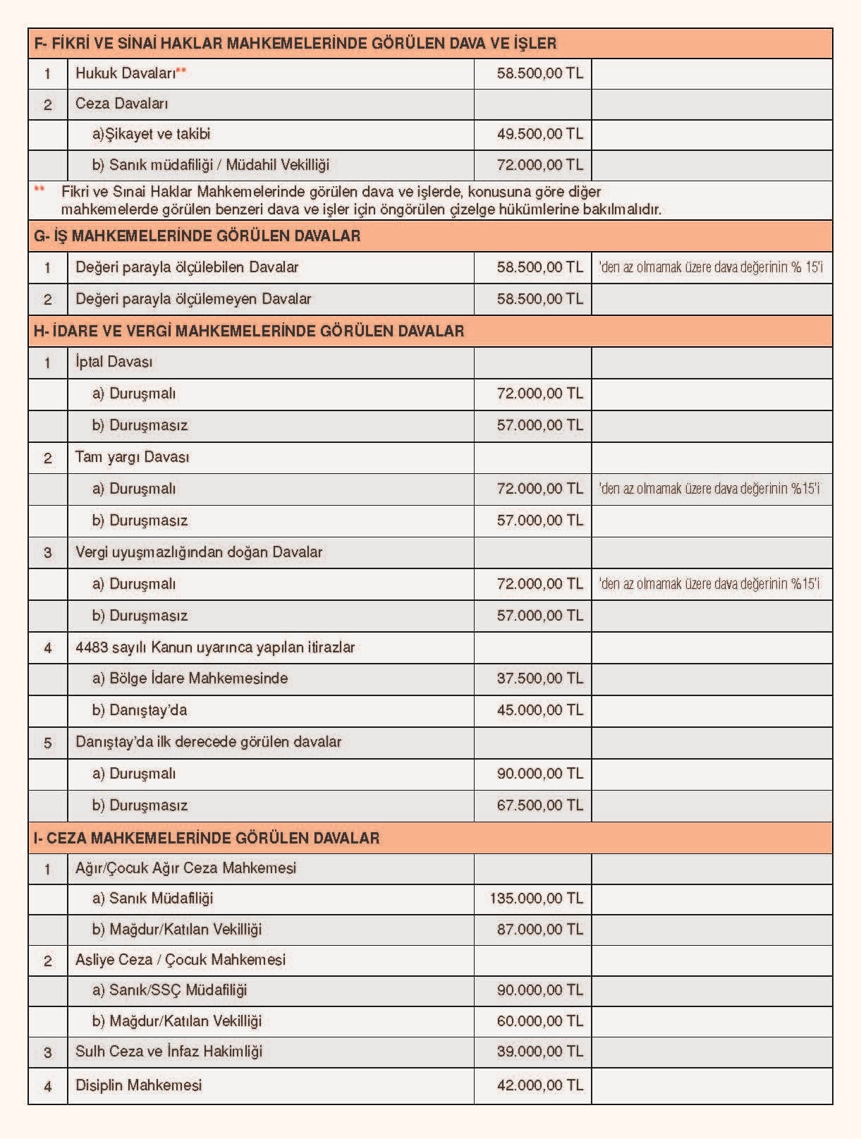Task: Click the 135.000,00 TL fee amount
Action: (x=536, y=899)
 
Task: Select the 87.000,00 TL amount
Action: (x=539, y=930)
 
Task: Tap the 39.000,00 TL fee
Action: (x=539, y=1052)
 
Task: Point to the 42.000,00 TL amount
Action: (x=539, y=1085)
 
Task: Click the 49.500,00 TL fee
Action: (x=539, y=134)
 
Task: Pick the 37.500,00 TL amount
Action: (x=539, y=678)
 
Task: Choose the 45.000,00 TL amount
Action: (x=539, y=710)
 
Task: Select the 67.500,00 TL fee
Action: (x=539, y=805)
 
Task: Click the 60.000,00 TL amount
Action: (x=539, y=1021)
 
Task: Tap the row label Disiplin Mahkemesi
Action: (x=138, y=1085)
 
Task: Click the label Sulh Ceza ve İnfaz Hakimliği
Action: (x=169, y=1052)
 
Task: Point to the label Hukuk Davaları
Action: (x=126, y=73)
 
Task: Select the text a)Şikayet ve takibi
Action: (x=151, y=134)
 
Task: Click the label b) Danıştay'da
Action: (x=140, y=710)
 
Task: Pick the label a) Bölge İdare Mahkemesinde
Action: (x=190, y=678)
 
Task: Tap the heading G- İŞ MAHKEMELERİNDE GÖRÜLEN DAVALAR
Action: (x=197, y=236)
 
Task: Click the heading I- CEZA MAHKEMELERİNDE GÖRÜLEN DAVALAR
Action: (x=207, y=838)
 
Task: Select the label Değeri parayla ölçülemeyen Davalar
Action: (x=193, y=299)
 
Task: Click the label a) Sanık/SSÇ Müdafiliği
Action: (x=169, y=990)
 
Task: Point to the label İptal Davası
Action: (x=114, y=363)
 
